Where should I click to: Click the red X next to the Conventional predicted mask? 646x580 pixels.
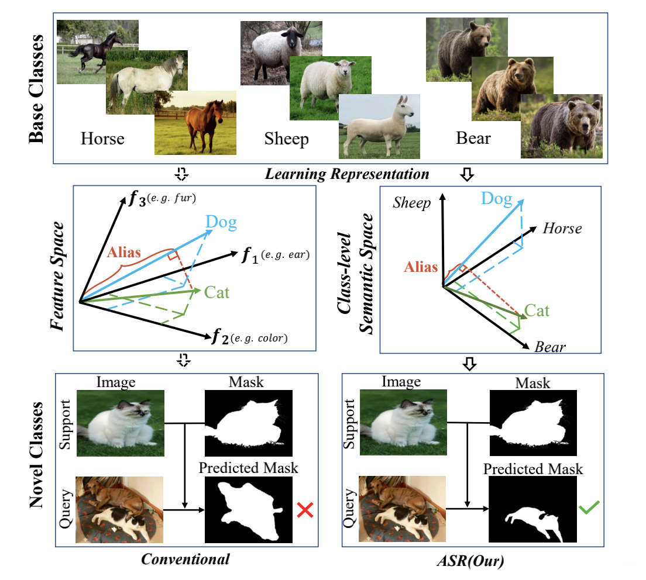pyautogui.click(x=304, y=510)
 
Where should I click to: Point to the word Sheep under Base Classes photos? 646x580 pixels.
pyautogui.click(x=287, y=139)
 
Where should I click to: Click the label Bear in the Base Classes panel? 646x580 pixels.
pyautogui.click(x=474, y=139)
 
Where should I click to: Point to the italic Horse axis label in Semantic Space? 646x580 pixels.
pyautogui.click(x=562, y=228)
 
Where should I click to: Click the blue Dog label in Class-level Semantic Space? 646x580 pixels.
pyautogui.click(x=496, y=199)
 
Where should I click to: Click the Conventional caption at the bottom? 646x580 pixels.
pyautogui.click(x=186, y=558)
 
